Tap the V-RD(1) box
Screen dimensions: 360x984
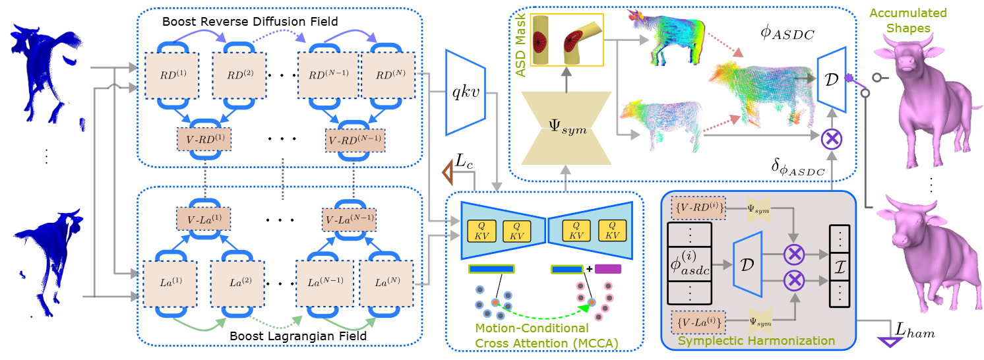(x=206, y=140)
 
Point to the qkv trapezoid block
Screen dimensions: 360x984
(x=466, y=92)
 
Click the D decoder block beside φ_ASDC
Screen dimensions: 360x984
(x=832, y=78)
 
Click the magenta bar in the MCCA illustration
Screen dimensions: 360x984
(x=607, y=268)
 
